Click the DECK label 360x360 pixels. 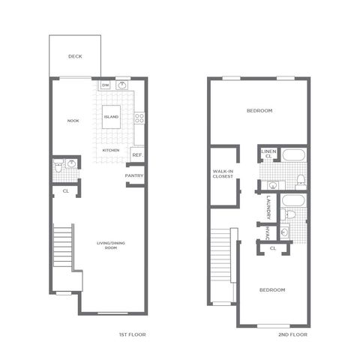pyautogui.click(x=75, y=56)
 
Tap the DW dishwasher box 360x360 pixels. pyautogui.click(x=106, y=85)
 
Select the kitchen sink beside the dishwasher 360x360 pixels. pyautogui.click(x=122, y=85)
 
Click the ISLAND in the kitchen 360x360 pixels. pyautogui.click(x=111, y=117)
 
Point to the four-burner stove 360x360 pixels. pyautogui.click(x=139, y=118)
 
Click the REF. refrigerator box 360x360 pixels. pyautogui.click(x=137, y=154)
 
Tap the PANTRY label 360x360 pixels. pyautogui.click(x=134, y=175)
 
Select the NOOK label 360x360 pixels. pyautogui.click(x=73, y=121)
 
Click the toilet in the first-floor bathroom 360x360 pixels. pyautogui.click(x=58, y=167)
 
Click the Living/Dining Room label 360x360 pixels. pyautogui.click(x=111, y=245)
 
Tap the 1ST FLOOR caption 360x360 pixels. pyautogui.click(x=133, y=334)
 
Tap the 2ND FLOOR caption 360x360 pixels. pyautogui.click(x=292, y=334)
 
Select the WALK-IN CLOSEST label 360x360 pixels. pyautogui.click(x=223, y=174)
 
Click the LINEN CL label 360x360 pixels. pyautogui.click(x=268, y=154)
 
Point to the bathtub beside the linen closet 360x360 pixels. pyautogui.click(x=294, y=155)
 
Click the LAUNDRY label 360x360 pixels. pyautogui.click(x=268, y=208)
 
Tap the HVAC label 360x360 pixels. pyautogui.click(x=267, y=234)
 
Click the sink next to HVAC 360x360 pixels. pyautogui.click(x=284, y=232)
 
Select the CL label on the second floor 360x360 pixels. pyautogui.click(x=273, y=248)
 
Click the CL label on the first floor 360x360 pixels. pyautogui.click(x=66, y=191)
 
